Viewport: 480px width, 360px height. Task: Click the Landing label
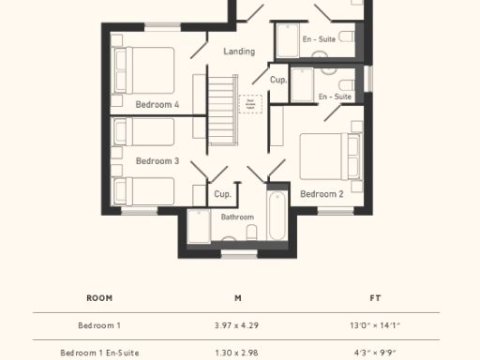point(239,52)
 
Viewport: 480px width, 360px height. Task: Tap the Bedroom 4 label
point(157,104)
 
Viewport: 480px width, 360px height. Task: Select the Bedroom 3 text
point(157,161)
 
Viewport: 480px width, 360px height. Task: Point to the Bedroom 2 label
point(321,194)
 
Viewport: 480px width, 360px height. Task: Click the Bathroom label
point(237,217)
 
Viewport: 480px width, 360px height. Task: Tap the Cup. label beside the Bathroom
point(222,194)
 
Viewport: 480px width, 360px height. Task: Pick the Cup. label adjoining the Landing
point(278,81)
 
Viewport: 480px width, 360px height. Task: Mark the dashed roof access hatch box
point(250,104)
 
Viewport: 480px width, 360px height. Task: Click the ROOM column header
point(99,298)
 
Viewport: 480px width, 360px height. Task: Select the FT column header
point(375,298)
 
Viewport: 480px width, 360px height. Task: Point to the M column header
point(238,298)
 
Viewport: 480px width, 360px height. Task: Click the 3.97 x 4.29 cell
point(238,325)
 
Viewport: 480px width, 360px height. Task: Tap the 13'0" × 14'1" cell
point(375,325)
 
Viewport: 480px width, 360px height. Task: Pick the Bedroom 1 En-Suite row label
point(99,352)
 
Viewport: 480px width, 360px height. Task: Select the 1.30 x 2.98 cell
point(238,352)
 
